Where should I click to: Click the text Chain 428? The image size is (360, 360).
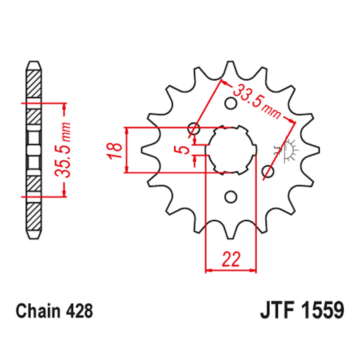click(54, 310)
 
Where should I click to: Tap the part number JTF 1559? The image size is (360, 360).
click(302, 310)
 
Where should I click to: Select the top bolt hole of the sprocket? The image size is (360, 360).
click(231, 104)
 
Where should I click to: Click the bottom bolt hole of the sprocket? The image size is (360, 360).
click(231, 197)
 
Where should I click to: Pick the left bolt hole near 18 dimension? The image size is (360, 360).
click(194, 127)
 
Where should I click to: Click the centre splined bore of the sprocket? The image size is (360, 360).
click(231, 150)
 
